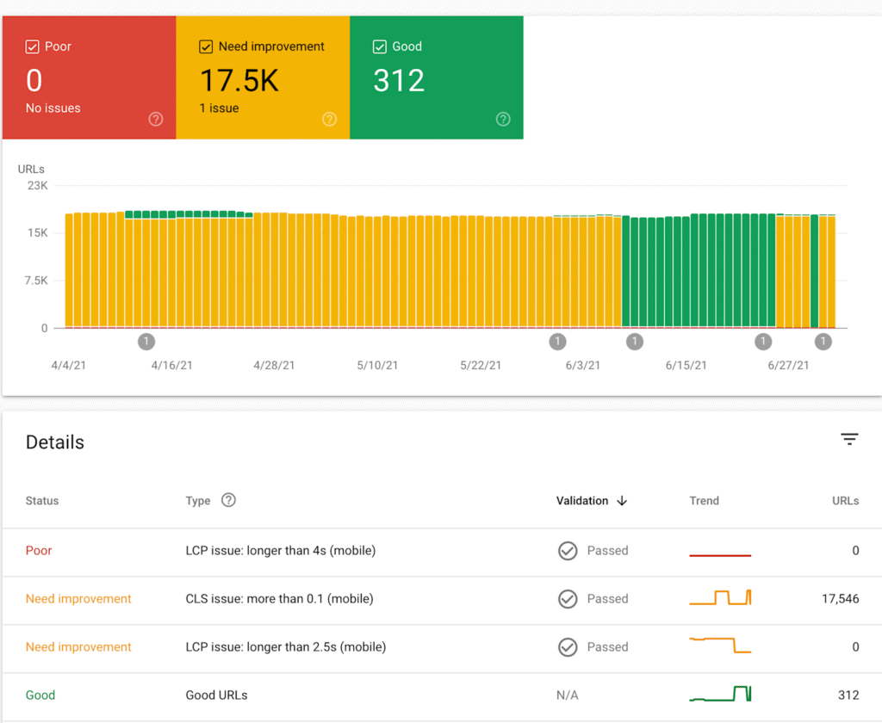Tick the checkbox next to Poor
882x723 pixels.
point(33,46)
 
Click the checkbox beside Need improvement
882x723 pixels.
point(206,46)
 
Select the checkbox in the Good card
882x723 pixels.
point(379,46)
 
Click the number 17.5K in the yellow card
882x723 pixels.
point(239,81)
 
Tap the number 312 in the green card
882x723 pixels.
point(399,81)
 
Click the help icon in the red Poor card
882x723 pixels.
point(156,120)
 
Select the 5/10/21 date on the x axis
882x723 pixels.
point(377,365)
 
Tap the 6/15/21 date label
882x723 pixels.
point(686,365)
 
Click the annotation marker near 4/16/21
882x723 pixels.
point(146,342)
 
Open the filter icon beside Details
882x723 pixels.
point(849,440)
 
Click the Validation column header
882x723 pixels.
point(582,501)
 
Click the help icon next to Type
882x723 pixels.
point(228,500)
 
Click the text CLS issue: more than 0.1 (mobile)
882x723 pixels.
point(279,599)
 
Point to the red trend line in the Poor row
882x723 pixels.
point(720,555)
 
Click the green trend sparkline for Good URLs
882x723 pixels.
point(720,694)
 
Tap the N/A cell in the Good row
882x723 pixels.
point(568,695)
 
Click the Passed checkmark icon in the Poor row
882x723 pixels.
point(568,551)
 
